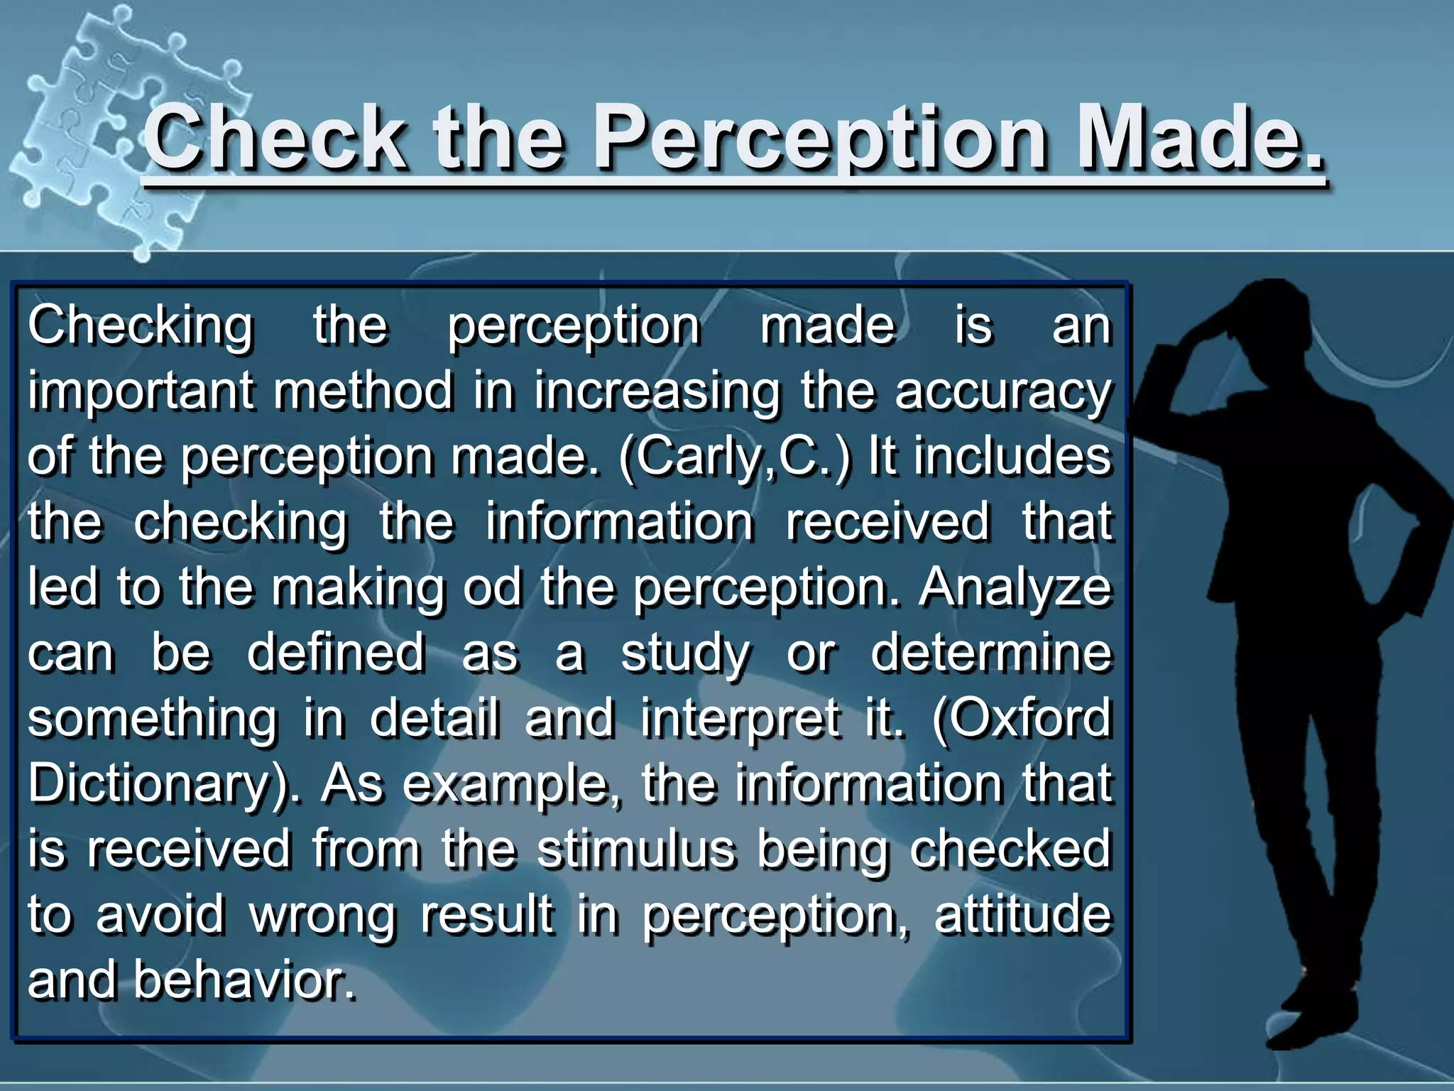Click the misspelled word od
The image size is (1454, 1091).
(x=492, y=588)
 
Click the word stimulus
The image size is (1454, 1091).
(x=635, y=849)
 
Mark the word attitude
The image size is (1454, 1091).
(x=1022, y=915)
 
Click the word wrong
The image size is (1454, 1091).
(x=323, y=915)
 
